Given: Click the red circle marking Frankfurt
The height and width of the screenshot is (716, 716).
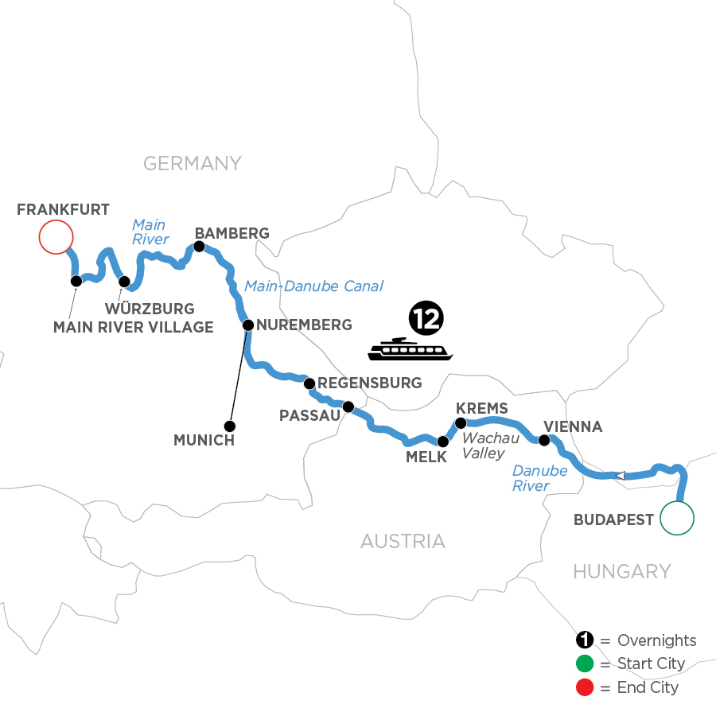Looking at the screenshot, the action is click(x=56, y=236).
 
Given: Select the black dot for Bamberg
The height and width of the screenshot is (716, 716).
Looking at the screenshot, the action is click(x=199, y=247).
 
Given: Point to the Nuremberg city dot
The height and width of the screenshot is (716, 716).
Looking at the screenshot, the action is click(x=247, y=325).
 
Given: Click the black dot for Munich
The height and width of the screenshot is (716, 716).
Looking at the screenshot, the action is click(x=230, y=425).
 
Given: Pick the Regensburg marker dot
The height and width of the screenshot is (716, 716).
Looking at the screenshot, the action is click(x=310, y=383).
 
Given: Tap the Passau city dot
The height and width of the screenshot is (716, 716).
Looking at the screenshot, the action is click(x=348, y=407).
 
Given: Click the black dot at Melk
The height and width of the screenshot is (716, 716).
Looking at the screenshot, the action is click(x=443, y=441).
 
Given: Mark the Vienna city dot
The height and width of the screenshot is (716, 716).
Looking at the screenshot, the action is click(x=544, y=440).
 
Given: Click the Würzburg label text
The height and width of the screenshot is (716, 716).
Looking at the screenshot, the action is click(x=151, y=307).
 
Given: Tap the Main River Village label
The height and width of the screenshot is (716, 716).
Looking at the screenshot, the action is click(x=133, y=326).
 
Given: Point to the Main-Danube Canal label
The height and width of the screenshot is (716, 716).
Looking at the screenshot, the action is click(x=314, y=286).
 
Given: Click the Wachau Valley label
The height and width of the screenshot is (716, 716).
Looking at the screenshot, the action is click(x=491, y=446).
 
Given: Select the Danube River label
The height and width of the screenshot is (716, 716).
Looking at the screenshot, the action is click(x=539, y=478).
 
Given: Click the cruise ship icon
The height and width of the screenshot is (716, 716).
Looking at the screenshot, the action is click(x=410, y=348).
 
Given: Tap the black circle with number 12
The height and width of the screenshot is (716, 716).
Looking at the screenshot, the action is click(x=426, y=318).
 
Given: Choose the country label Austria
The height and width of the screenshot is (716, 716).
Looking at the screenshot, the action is click(x=403, y=542).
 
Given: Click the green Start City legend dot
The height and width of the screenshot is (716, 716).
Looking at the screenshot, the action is click(x=585, y=663).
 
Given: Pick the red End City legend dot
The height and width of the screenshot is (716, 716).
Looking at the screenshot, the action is click(x=585, y=687).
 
